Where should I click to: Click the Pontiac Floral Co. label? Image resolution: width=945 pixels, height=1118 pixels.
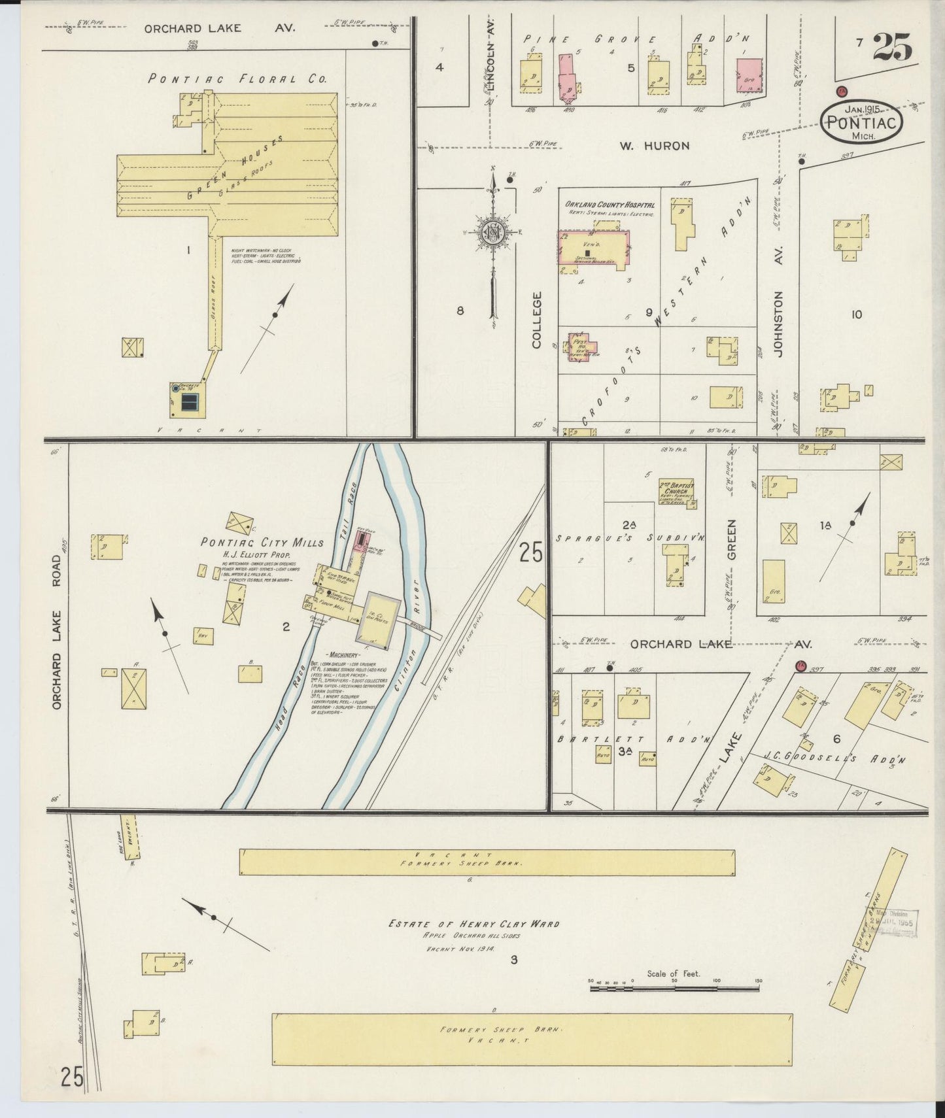(x=237, y=79)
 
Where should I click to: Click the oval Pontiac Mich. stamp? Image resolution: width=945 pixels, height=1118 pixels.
(x=863, y=122)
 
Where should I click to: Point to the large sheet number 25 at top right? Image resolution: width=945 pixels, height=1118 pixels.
(x=892, y=46)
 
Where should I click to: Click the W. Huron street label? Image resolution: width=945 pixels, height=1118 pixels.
(x=655, y=146)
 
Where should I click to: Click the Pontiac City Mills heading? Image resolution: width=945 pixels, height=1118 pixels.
(x=262, y=543)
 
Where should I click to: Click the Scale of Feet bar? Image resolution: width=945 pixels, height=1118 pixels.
(x=674, y=988)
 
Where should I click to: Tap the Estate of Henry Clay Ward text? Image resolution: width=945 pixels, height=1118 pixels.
(x=474, y=924)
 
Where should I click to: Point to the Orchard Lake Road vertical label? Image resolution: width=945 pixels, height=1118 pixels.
(x=58, y=633)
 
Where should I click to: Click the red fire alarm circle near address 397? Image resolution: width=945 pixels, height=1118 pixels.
(x=800, y=666)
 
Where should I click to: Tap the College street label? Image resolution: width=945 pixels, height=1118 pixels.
(x=537, y=320)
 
